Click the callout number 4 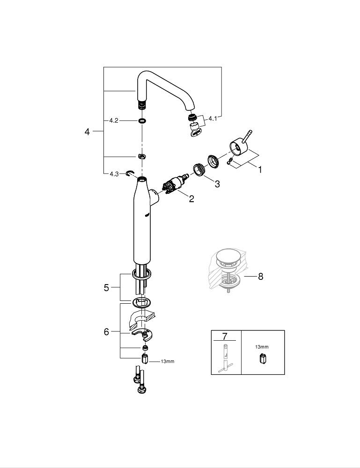click(87, 132)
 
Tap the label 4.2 click(113, 120)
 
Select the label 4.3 click(114, 174)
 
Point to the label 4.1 click(213, 119)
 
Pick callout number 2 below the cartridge click(191, 199)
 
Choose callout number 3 click(217, 184)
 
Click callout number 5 click(106, 287)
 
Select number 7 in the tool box click(225, 336)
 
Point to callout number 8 click(260, 276)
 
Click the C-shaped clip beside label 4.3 click(130, 174)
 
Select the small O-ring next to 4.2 click(141, 121)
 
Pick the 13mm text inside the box click(262, 347)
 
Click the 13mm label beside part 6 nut click(167, 361)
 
